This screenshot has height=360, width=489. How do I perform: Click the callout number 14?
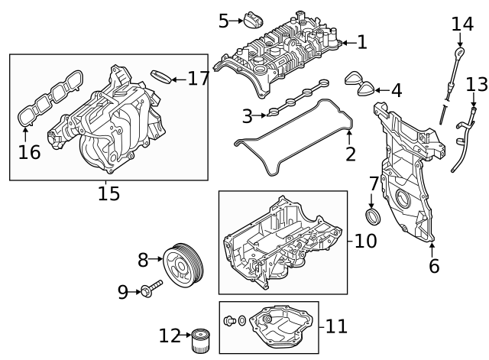pos(461,24)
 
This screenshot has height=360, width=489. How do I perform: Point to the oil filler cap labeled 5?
pos(254,19)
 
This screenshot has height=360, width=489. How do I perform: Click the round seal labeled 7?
pos(372,218)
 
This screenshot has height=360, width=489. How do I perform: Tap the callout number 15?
pos(108,194)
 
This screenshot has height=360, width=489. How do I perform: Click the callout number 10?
pos(365,242)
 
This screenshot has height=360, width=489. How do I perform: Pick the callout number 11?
pos(336,327)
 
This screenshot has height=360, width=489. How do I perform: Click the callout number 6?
pos(434,266)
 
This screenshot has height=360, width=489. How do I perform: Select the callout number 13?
pos(476,83)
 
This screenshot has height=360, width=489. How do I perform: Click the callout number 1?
pos(361,43)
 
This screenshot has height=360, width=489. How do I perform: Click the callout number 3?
pos(247,116)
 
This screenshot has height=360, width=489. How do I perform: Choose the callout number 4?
pos(395,91)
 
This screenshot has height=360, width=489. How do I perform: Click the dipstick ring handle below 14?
pos(459,53)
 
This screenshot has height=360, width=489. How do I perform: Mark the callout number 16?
pos(29,152)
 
